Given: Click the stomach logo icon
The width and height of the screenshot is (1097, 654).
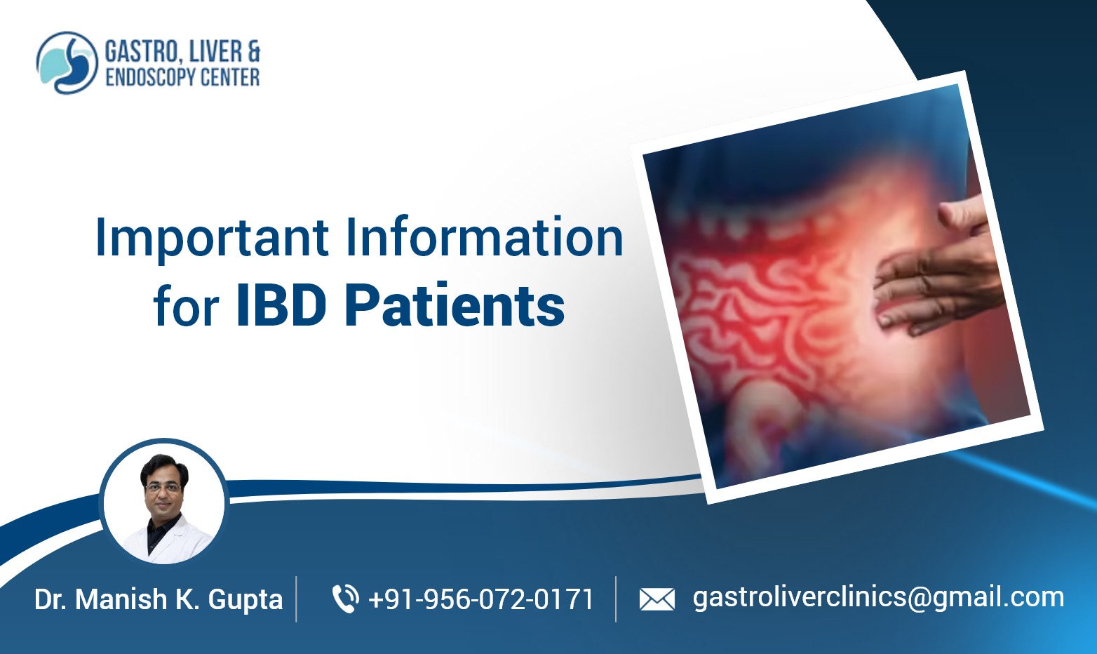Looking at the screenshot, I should pos(67,62).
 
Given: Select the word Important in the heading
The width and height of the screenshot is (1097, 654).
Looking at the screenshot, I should pos(212,239).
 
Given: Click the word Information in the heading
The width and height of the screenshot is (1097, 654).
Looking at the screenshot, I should pos(484,237).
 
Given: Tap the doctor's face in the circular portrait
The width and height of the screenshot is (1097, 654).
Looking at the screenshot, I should pos(163,484).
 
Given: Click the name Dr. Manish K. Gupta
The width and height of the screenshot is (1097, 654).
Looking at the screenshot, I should pos(159,600).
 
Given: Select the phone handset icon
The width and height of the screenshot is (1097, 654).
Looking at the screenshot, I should pos(344,599).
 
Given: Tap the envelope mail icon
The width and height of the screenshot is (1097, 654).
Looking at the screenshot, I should pos(657,599).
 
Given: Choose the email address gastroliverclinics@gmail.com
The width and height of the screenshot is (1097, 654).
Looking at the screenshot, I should pos(878,597).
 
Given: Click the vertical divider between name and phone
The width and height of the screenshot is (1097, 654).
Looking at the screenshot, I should pos(296,599).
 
